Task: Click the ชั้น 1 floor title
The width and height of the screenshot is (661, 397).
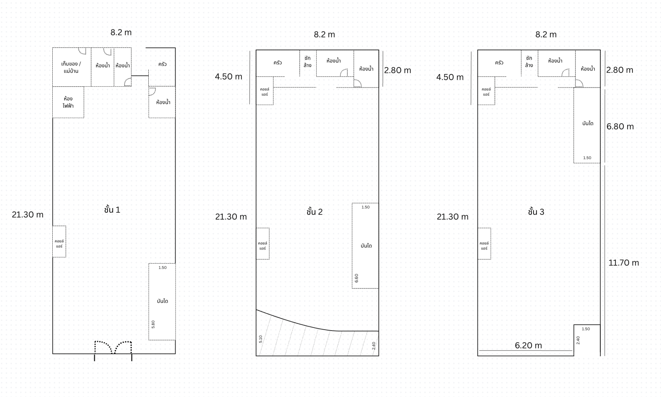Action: click(112, 210)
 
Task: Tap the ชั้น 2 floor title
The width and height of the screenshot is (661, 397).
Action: click(315, 212)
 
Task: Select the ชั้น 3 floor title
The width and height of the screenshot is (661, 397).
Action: click(536, 212)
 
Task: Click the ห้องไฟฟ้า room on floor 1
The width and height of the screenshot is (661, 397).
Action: click(68, 102)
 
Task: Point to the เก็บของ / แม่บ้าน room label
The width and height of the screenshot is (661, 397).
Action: click(71, 67)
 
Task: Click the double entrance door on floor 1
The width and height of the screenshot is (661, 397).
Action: click(113, 347)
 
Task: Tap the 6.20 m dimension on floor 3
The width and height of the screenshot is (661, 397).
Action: click(528, 345)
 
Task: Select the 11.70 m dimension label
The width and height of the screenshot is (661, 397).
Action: click(623, 263)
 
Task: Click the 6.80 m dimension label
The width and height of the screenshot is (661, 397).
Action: click(620, 127)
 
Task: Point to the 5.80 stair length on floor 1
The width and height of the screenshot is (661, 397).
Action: click(153, 324)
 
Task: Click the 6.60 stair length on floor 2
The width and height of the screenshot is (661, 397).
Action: click(356, 278)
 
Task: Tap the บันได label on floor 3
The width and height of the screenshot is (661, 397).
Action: click(588, 123)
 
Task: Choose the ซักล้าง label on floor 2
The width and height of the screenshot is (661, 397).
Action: click(307, 62)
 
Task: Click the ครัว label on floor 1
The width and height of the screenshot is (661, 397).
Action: click(162, 64)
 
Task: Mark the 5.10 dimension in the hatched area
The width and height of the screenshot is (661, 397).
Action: click(261, 339)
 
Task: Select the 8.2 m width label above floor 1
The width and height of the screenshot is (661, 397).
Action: click(121, 32)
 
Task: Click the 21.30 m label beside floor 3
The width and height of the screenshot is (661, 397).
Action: click(452, 217)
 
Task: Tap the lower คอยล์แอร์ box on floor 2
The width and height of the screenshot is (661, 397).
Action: click(263, 244)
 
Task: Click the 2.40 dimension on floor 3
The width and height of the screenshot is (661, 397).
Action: click(578, 340)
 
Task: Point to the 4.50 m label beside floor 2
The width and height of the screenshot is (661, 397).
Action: click(229, 77)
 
